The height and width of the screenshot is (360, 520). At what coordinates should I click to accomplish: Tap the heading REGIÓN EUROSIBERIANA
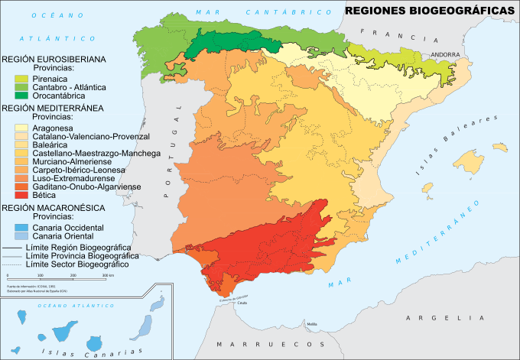click(x=54, y=59)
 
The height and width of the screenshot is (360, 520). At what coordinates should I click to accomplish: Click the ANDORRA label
click(x=445, y=55)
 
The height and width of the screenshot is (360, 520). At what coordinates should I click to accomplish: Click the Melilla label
click(x=311, y=324)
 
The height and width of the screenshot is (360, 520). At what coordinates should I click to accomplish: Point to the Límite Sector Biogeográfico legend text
click(x=77, y=264)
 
